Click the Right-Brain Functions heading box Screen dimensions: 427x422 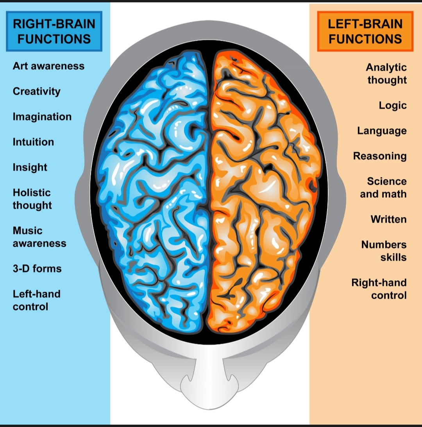(54, 31)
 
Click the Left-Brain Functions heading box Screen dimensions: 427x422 (365, 31)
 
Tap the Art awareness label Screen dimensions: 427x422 (48, 66)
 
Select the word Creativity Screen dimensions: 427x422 (37, 91)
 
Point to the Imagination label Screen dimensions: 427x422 (42, 117)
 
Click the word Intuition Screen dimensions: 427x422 (33, 142)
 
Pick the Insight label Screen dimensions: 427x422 (30, 167)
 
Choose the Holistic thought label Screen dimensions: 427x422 (32, 199)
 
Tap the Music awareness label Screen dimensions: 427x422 (39, 237)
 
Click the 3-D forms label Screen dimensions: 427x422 (37, 268)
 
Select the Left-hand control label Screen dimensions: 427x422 (37, 300)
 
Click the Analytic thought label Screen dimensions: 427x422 (386, 74)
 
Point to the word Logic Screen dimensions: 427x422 (393, 105)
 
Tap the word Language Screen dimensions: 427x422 (382, 131)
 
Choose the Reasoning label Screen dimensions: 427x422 (380, 156)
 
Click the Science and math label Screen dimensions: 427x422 (383, 188)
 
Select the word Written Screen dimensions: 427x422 (388, 219)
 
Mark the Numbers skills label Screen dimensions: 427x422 (384, 251)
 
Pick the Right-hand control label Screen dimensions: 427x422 (379, 289)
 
